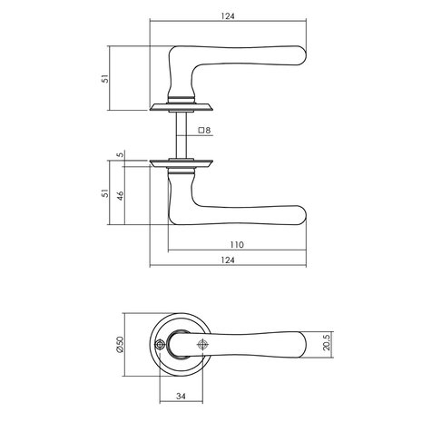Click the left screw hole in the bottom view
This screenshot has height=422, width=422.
point(160,345)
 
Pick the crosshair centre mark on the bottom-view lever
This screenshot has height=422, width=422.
point(201,345)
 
